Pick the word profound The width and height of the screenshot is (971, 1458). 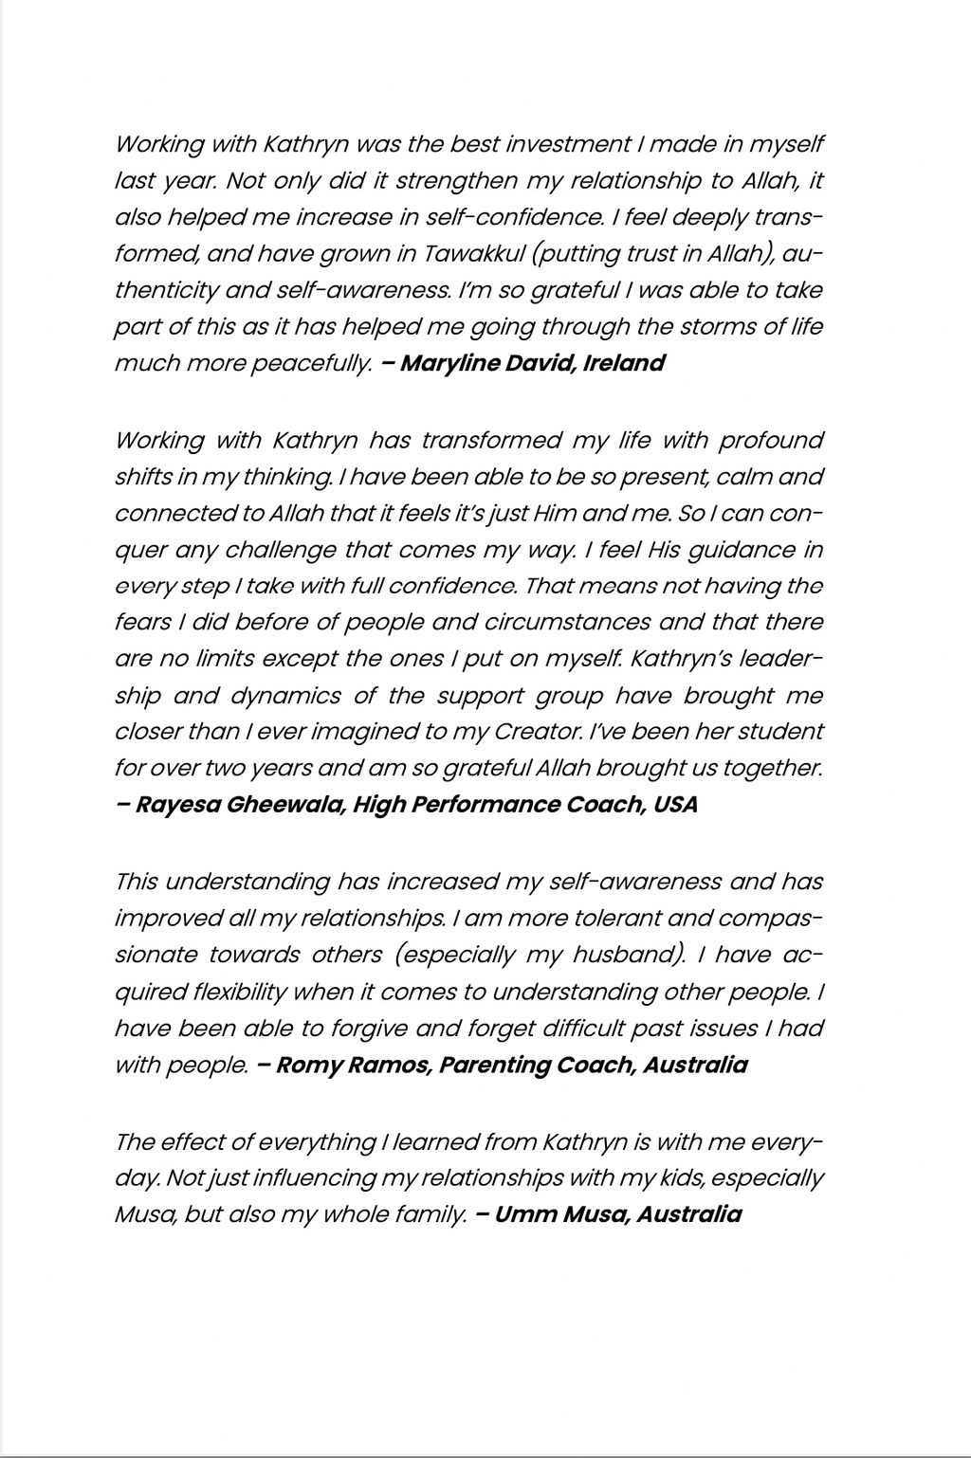click(x=771, y=441)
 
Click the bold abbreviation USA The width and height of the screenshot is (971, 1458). click(x=675, y=805)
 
